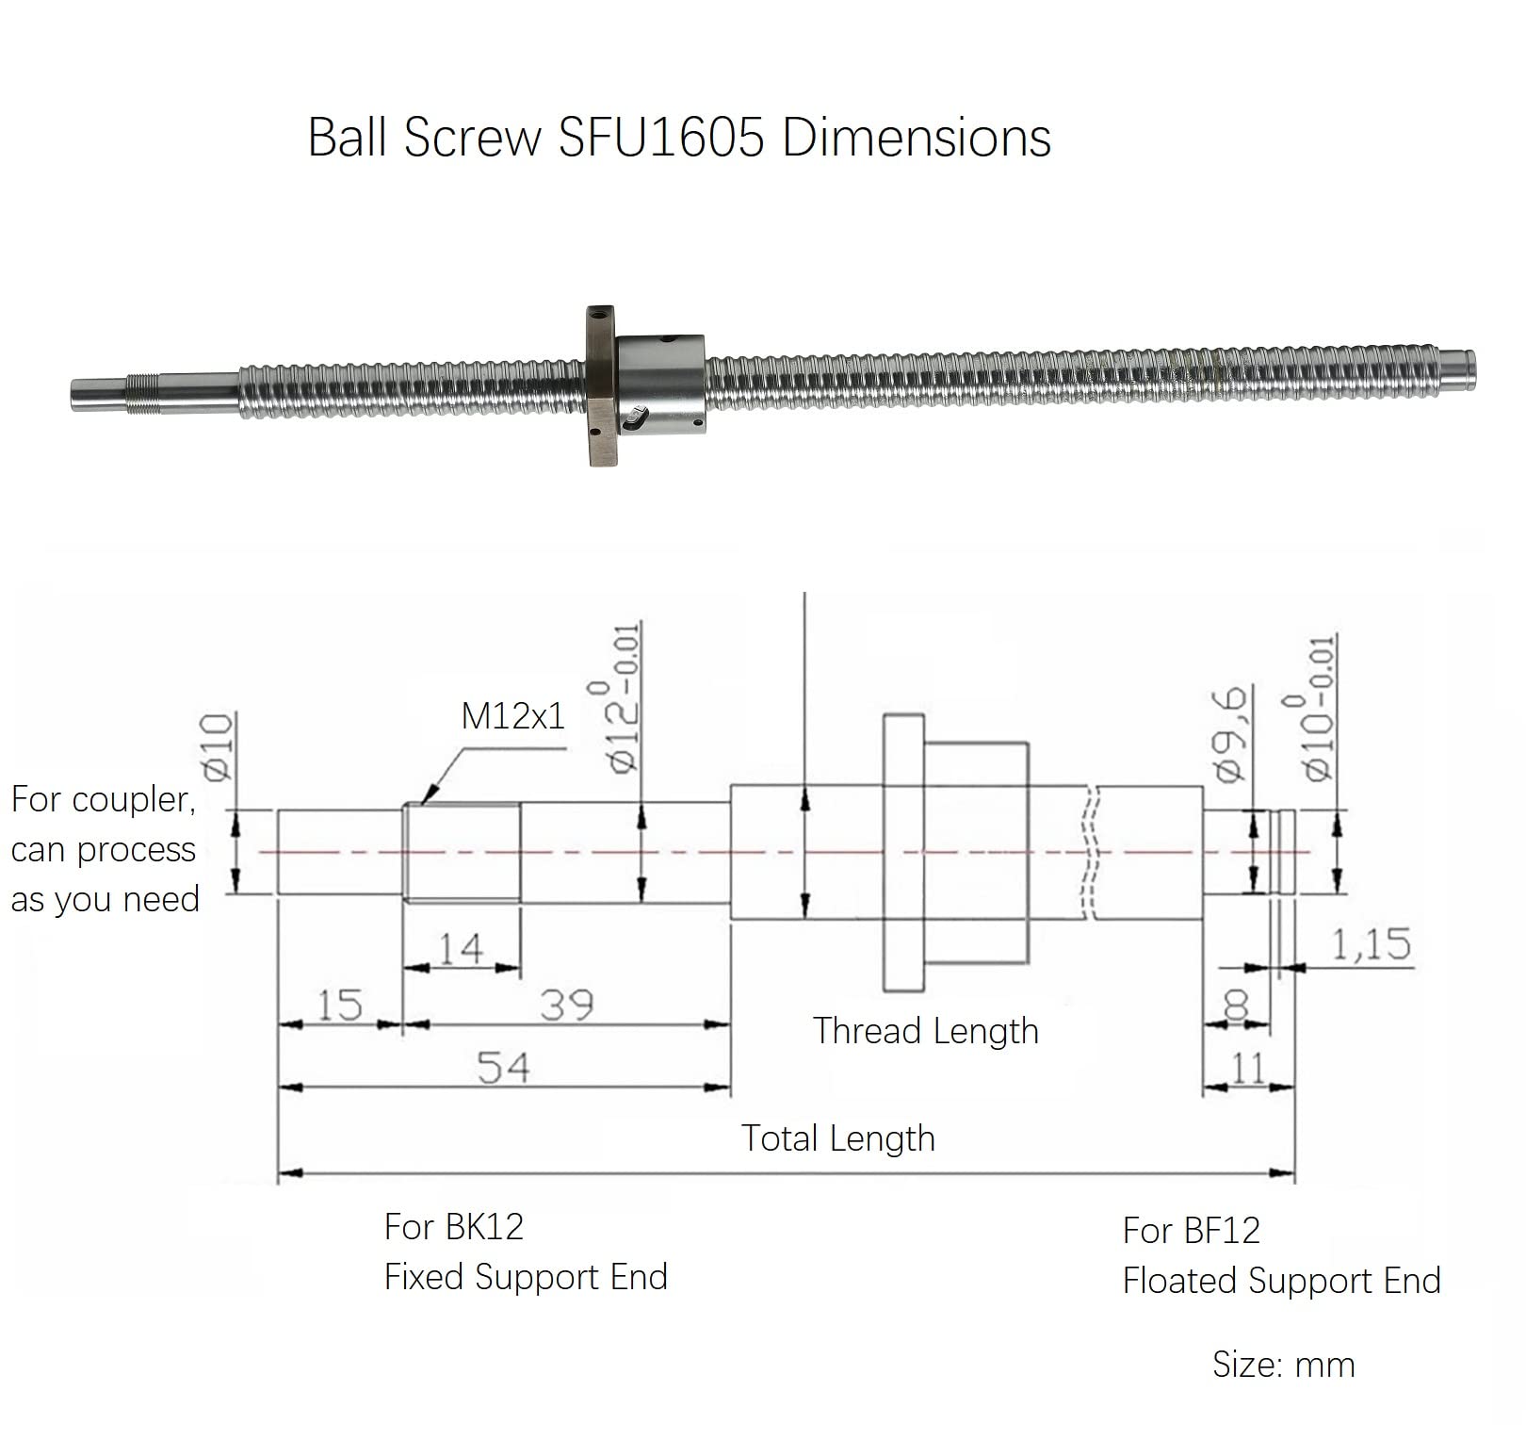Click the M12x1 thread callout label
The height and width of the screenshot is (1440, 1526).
tap(512, 716)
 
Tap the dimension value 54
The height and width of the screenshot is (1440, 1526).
tap(503, 1068)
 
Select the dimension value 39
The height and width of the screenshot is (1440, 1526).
tap(567, 1005)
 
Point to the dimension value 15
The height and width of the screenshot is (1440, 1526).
tap(339, 1005)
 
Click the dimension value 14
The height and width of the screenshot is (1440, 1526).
tap(461, 948)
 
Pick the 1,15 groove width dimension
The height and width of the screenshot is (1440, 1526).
tap(1371, 943)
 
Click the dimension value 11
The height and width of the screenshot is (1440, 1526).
tap(1248, 1069)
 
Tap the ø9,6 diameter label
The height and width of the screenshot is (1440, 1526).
tap(1230, 735)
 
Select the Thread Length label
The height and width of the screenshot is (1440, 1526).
tap(925, 1031)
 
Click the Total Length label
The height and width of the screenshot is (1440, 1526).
tap(837, 1138)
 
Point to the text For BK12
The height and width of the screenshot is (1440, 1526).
tap(453, 1227)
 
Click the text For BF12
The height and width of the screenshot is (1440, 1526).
tap(1191, 1231)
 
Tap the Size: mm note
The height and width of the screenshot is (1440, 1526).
tap(1283, 1365)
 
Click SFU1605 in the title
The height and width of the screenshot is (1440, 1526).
tap(660, 138)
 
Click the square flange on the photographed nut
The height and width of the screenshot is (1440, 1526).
tap(600, 386)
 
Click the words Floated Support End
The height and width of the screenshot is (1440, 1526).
tap(1281, 1281)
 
